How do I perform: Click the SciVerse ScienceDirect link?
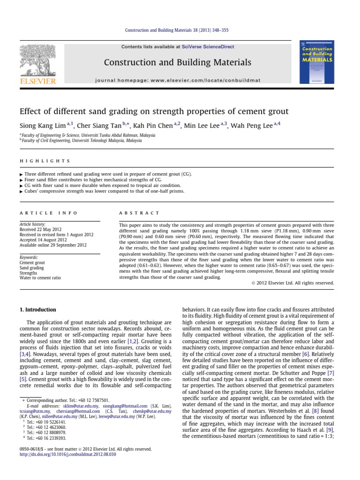(x=209, y=47)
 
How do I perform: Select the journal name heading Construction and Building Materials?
(x=177, y=62)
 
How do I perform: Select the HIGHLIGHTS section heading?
(x=45, y=161)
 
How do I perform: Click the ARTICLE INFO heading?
(x=48, y=212)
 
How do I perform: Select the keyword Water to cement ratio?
(x=40, y=278)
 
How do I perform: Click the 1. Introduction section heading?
(x=37, y=310)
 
